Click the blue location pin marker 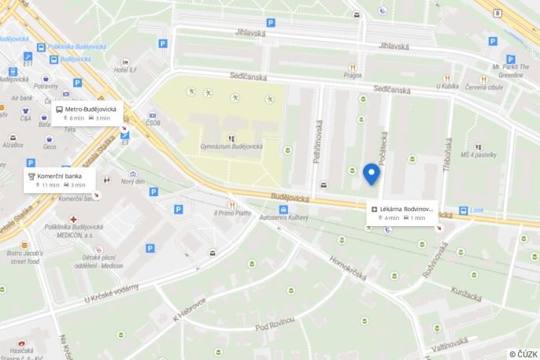(x=372, y=174)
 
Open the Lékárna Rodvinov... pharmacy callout (x=402, y=213)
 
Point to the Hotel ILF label (x=125, y=71)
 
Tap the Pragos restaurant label (x=352, y=77)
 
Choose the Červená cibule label (x=483, y=87)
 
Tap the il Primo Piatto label (x=231, y=213)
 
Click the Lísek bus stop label (x=476, y=210)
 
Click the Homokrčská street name (x=349, y=271)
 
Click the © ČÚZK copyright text (x=523, y=354)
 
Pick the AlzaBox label (x=13, y=145)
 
